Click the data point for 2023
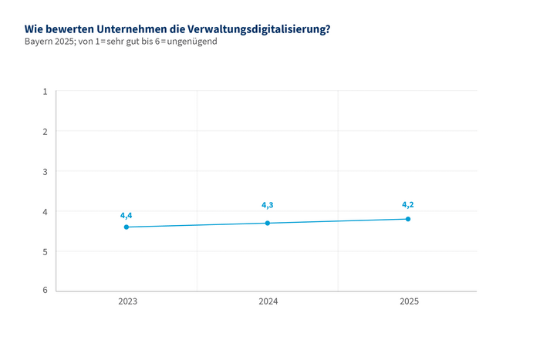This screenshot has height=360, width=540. click(x=127, y=227)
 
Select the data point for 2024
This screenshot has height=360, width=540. click(x=268, y=223)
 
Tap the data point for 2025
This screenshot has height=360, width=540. click(x=408, y=219)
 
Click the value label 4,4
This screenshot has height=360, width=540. click(x=127, y=215)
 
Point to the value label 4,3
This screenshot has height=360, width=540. click(x=268, y=205)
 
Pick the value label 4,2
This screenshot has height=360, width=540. click(x=408, y=204)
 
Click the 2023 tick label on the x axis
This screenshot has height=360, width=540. click(x=128, y=301)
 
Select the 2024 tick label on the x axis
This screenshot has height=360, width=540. click(x=268, y=301)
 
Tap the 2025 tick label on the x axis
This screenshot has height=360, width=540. click(x=409, y=301)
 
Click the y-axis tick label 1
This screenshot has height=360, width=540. click(x=45, y=92)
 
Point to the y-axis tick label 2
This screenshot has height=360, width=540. click(x=45, y=132)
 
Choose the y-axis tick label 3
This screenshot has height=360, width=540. click(x=45, y=172)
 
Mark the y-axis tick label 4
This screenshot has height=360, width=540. click(x=45, y=212)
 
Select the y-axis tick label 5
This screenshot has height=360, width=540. click(x=45, y=251)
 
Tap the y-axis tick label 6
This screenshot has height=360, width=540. click(x=45, y=291)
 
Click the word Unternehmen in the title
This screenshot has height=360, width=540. click(x=124, y=29)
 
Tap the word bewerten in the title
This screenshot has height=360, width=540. click(x=69, y=29)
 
